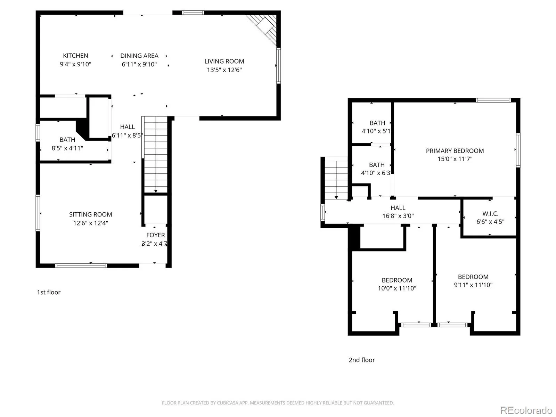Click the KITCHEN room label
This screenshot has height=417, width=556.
tap(75, 56)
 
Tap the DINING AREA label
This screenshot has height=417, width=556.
tap(139, 56)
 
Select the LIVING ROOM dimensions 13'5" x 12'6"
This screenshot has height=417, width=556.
tap(224, 70)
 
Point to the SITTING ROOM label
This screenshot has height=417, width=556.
tap(91, 214)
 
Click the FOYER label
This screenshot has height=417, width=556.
tap(156, 235)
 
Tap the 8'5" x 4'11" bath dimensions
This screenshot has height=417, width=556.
tap(67, 148)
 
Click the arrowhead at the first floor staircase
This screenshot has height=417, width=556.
tap(156, 191)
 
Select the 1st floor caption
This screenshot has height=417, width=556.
tap(49, 292)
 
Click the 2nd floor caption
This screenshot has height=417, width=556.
tap(362, 360)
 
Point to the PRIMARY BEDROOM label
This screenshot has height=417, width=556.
tap(455, 151)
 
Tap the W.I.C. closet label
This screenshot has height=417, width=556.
tap(490, 213)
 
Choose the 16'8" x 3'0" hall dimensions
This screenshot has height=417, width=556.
tap(398, 216)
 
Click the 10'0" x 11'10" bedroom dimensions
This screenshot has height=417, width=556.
tap(397, 288)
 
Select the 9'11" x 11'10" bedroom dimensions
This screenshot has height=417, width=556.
tap(473, 285)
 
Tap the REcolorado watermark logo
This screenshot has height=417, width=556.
tap(526, 410)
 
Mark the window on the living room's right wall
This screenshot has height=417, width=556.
tap(278, 66)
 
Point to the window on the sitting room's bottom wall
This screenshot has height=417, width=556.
tap(81, 265)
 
